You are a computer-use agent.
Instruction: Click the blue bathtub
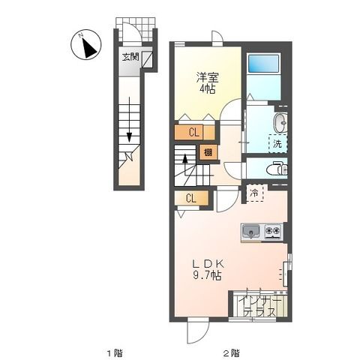click(x=262, y=76)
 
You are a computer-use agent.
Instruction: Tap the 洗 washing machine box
click(x=277, y=142)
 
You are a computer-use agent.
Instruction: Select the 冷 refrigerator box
click(x=254, y=193)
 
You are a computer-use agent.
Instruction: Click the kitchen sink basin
click(x=251, y=232)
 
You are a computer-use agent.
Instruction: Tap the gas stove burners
click(x=273, y=232)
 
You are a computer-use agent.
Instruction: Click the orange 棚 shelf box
click(x=205, y=153)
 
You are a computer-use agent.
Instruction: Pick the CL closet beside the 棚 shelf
click(x=194, y=133)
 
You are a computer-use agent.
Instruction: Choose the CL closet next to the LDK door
click(x=190, y=199)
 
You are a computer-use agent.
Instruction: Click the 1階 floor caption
click(x=113, y=352)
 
